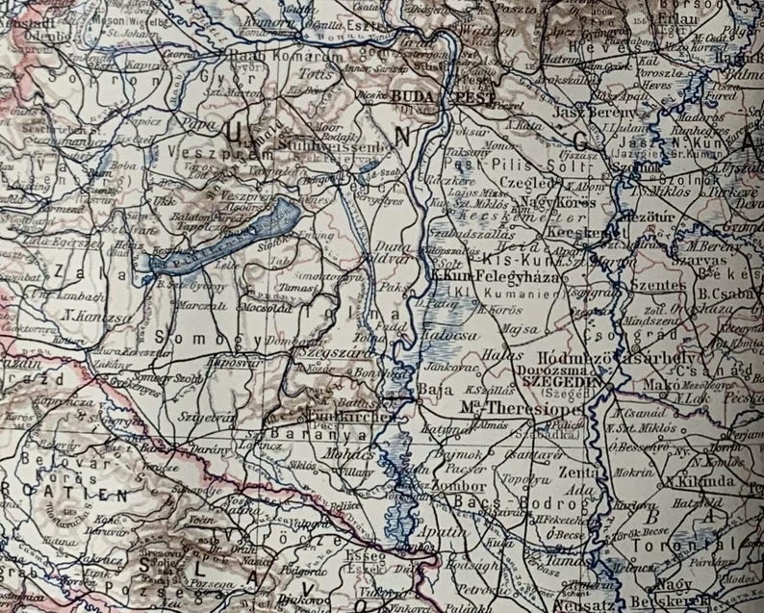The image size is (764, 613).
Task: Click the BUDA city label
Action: click(414, 97)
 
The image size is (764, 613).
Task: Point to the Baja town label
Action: click(429, 390)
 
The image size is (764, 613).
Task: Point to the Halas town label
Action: click(496, 355)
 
